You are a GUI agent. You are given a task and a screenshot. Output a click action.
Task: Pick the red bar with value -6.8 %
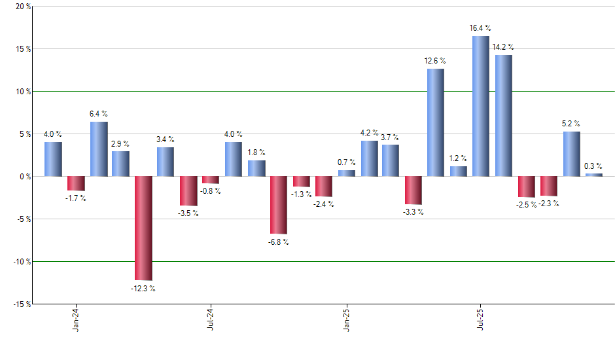[279, 205]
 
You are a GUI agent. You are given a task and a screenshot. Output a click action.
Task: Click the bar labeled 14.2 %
[503, 115]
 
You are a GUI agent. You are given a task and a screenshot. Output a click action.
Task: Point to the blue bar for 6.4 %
[99, 149]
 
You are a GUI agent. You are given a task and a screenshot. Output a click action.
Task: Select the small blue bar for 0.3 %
[593, 175]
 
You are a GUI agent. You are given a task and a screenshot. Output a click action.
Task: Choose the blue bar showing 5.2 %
[571, 154]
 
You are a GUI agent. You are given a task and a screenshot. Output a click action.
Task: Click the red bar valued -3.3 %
[413, 190]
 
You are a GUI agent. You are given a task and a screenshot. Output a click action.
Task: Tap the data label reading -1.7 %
[76, 198]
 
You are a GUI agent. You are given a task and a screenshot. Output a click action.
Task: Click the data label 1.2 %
[458, 158]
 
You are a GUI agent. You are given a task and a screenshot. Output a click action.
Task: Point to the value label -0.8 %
[211, 191]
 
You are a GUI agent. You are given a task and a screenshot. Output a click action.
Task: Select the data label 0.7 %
[346, 162]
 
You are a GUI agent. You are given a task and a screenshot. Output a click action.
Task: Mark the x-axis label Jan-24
[76, 319]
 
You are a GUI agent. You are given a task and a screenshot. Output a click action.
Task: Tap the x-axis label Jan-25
[346, 319]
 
